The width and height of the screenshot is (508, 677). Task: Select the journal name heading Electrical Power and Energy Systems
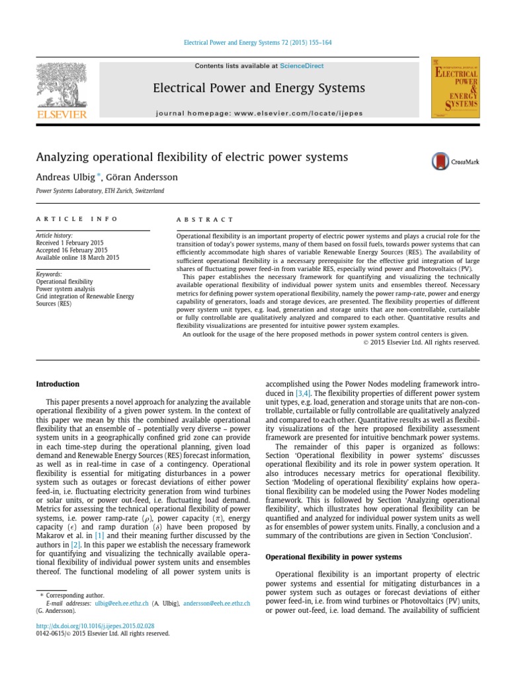[259, 88]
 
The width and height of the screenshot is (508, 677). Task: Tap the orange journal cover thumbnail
[455, 87]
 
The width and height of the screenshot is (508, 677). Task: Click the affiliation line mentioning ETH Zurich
[100, 191]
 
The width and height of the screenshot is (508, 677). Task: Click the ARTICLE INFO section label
[77, 219]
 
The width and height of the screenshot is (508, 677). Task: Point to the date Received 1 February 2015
[72, 243]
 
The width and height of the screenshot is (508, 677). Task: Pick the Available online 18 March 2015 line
[78, 257]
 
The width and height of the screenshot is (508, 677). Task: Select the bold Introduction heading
[58, 384]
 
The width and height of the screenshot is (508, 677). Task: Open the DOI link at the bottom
[96, 625]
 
